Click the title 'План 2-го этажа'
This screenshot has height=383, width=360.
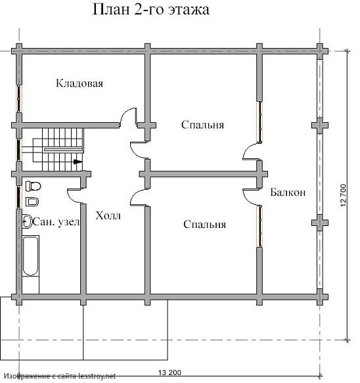151,10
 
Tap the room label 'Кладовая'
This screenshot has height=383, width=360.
79,83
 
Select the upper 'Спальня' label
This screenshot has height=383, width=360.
202,125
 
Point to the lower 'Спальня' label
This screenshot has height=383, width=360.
204,224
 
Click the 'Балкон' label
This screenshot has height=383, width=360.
288,192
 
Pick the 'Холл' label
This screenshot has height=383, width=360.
108,215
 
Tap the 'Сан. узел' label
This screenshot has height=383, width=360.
56,222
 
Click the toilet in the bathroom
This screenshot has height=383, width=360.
33,186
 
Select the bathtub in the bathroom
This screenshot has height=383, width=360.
30,256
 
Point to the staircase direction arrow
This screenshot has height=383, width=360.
78,162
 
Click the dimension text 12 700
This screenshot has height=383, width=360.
343,195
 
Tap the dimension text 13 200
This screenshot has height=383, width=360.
169,372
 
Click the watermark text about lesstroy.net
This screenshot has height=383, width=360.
60,376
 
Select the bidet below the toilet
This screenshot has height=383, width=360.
32,202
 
